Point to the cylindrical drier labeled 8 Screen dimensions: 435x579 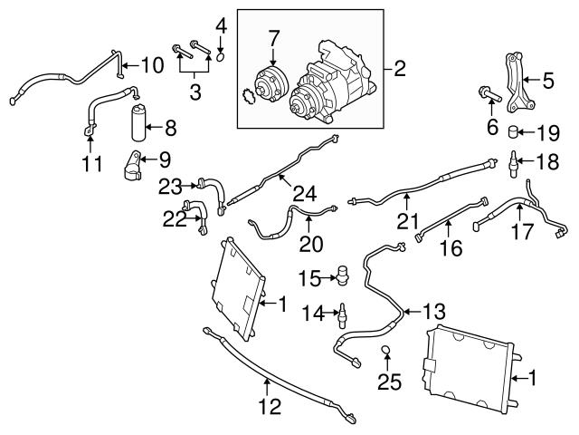[141, 122]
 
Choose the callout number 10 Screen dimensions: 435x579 [151, 64]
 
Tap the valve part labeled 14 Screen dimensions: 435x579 [343, 314]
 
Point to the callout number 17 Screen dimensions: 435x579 [522, 233]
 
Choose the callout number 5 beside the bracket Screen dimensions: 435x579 [547, 81]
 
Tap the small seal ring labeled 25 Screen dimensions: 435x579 [385, 352]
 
